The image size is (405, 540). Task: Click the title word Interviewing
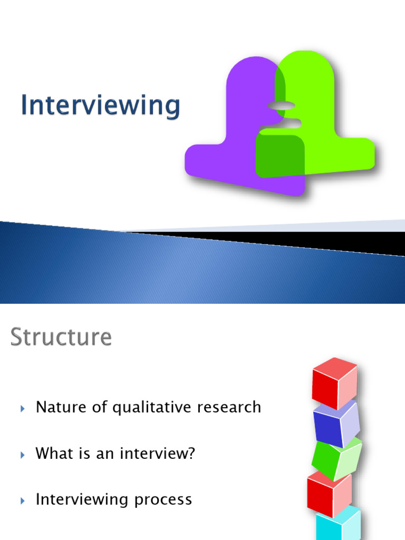tap(100, 105)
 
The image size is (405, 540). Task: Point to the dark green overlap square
tap(279, 156)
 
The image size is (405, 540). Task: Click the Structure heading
tap(61, 337)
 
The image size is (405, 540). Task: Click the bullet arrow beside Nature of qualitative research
tap(23, 408)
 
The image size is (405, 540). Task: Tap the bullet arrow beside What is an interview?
tap(23, 454)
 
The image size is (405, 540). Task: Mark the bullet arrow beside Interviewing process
tap(23, 500)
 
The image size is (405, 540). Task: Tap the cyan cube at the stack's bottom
tap(337, 525)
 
